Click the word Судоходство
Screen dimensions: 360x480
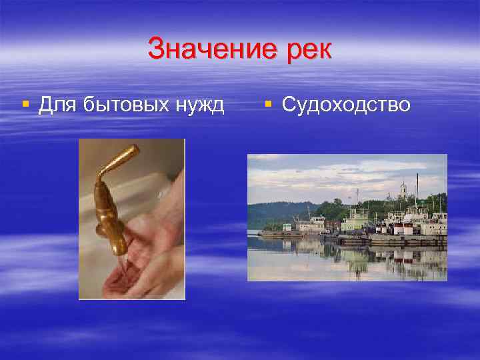(x=346, y=105)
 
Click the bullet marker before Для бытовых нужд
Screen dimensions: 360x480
(x=25, y=105)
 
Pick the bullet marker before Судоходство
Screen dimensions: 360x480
(x=268, y=105)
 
